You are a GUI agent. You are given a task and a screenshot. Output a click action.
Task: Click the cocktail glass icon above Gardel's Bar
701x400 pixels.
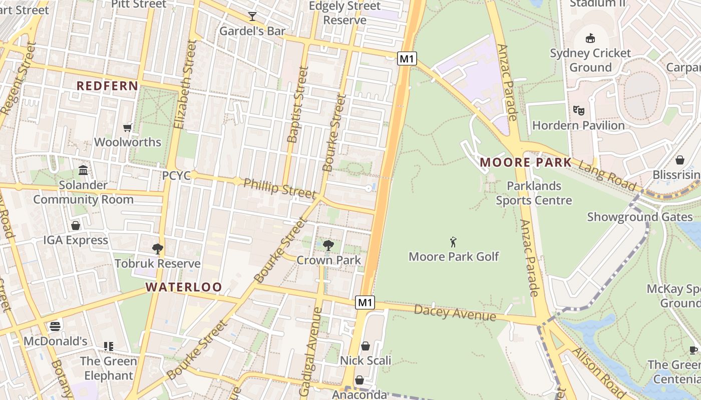[x=252, y=16]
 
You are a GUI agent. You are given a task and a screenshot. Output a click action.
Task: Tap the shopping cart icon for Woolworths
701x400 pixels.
[x=128, y=128]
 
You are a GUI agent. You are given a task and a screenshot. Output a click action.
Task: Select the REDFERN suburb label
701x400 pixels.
[x=107, y=86]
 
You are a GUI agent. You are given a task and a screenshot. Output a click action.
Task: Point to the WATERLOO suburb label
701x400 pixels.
[x=184, y=287]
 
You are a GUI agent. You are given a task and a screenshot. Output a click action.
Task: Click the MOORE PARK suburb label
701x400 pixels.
[x=526, y=162]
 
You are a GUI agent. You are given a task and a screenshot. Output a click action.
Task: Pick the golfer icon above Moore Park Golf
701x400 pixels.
[x=454, y=242]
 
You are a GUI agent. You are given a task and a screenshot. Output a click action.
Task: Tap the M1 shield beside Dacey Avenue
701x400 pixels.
[x=365, y=302]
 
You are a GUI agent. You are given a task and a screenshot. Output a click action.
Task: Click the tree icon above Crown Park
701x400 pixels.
[x=328, y=245]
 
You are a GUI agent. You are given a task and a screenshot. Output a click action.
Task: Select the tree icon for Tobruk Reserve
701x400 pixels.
[x=158, y=248]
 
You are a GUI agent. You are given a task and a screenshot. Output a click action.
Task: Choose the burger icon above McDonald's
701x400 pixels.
[x=55, y=326]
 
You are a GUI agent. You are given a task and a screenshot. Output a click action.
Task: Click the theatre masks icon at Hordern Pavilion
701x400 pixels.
[x=578, y=110]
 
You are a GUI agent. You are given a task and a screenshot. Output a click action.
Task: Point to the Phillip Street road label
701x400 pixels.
[x=279, y=188]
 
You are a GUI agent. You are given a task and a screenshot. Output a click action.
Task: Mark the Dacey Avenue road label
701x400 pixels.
[x=455, y=313]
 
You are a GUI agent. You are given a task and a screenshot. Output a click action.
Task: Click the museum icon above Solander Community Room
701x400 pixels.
[x=83, y=170]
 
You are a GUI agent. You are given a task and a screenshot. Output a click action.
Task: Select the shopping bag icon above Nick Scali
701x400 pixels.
[x=366, y=346]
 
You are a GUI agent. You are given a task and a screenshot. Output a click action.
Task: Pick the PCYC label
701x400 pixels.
[x=176, y=176]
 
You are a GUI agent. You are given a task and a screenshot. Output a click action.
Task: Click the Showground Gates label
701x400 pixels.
[x=639, y=217]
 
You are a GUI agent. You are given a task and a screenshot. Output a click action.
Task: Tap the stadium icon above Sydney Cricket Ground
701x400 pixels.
[x=590, y=38]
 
